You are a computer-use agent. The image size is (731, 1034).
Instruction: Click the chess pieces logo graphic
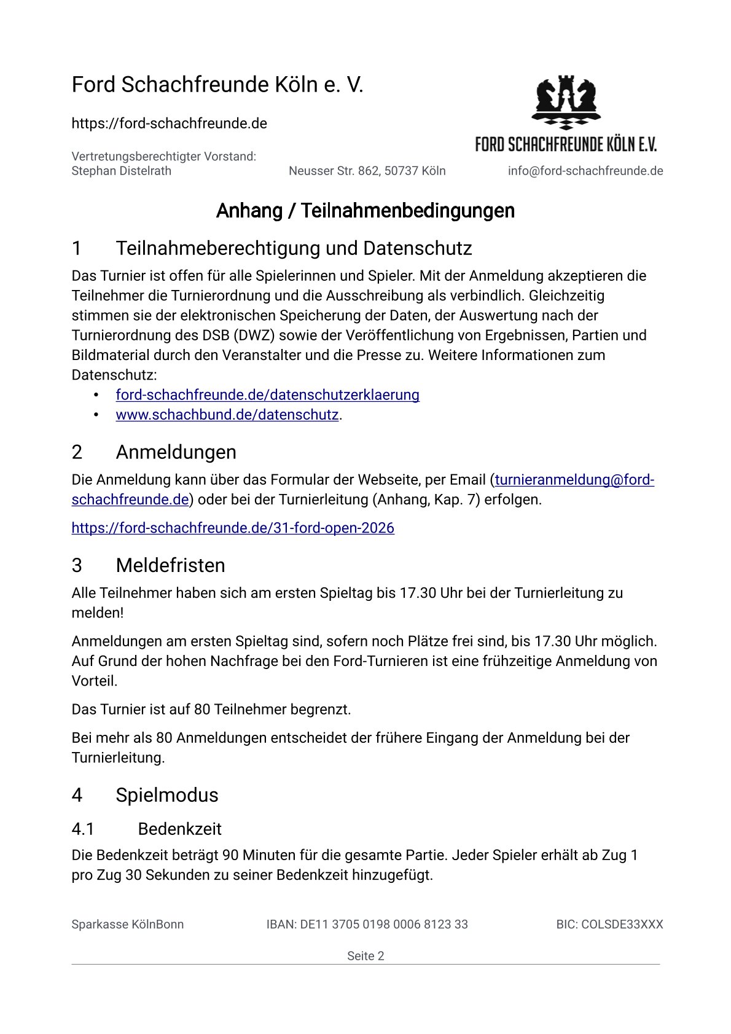tap(566, 102)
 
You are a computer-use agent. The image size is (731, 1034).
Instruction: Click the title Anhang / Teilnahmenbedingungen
tap(365, 211)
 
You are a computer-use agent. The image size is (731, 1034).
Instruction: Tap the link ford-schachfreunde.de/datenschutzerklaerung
tap(267, 395)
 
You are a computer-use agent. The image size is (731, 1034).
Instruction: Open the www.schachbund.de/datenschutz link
tap(227, 415)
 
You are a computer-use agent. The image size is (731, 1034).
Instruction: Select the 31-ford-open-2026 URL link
tap(233, 528)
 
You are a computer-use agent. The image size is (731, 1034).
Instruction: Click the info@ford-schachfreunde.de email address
tap(585, 171)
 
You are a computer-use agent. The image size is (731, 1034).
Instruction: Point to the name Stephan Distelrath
tap(122, 171)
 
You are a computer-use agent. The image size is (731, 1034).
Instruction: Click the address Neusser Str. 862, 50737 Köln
tap(367, 171)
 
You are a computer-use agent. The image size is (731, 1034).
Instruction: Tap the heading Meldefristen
tap(170, 565)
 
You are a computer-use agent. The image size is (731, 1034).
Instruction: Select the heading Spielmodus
tap(166, 795)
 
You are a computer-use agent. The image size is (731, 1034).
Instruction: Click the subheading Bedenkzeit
tap(179, 829)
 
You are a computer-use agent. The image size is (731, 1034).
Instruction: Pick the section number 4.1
tap(83, 829)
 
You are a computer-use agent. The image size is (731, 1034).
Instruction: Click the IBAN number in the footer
tap(367, 924)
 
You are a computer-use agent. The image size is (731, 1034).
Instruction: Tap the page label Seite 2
tap(365, 955)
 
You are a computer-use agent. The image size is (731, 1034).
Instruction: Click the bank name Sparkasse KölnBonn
tap(128, 924)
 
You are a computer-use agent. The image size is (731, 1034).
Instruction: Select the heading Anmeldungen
tap(176, 452)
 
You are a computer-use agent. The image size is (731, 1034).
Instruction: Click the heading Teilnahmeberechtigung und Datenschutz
tap(294, 248)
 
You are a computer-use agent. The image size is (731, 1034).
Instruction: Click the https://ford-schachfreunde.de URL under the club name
tap(169, 123)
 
